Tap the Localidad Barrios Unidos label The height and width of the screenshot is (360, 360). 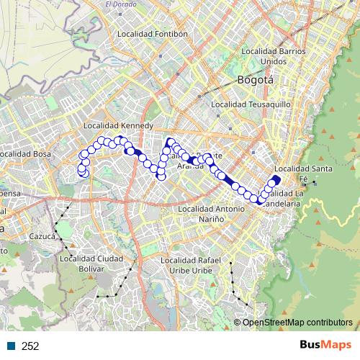[274, 56]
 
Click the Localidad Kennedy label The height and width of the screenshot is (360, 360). [120, 125]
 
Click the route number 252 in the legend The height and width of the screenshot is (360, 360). [30, 346]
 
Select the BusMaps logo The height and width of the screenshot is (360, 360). [325, 345]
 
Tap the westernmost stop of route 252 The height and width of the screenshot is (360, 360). [81, 171]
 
